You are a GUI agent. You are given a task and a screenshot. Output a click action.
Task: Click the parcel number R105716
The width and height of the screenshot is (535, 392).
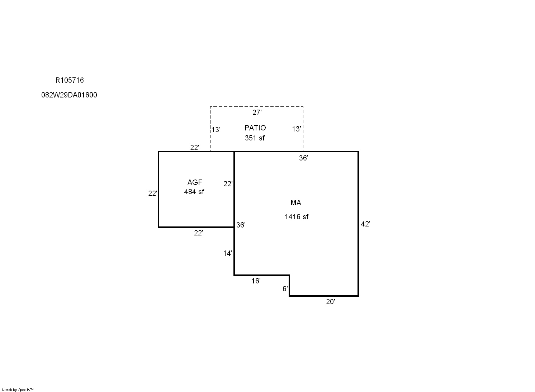point(70,80)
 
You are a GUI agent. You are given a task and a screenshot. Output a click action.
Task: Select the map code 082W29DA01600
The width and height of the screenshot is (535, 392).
point(69,95)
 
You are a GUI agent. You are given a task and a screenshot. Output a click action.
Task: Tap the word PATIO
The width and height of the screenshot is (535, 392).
point(255,128)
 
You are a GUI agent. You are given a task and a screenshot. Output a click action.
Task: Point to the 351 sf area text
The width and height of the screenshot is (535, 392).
point(255,138)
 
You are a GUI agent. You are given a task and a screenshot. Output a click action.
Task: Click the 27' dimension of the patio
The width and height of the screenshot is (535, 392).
point(257,113)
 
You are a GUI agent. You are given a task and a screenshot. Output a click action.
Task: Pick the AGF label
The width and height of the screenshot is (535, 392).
point(195,182)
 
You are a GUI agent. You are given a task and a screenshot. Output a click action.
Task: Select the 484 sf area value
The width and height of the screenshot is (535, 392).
point(194,192)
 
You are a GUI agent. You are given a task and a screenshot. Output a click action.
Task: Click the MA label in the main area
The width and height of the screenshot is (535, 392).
point(296,203)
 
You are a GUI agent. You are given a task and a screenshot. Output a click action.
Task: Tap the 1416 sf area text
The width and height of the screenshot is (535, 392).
point(297,217)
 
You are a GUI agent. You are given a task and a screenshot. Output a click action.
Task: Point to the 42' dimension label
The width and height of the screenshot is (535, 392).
point(366,224)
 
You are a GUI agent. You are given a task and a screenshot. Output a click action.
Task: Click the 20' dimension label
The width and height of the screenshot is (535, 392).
point(331,302)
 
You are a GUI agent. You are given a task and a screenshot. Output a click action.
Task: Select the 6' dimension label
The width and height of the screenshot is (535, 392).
point(285,289)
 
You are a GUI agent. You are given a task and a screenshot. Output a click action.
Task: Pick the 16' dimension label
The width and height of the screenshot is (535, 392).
point(256,281)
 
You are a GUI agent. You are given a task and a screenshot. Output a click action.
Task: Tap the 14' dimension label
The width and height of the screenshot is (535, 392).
point(228,253)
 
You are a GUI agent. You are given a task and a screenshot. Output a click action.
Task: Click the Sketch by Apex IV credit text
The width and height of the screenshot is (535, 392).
point(18,389)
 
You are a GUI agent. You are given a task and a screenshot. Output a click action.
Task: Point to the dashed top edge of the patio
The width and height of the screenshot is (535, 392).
point(257,107)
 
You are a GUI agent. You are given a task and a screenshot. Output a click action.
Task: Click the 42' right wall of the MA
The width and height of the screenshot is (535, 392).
point(358,224)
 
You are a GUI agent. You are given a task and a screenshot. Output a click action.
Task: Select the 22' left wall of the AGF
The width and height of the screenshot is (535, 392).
point(158,189)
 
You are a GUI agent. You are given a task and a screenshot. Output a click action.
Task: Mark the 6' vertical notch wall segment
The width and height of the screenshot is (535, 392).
point(289,286)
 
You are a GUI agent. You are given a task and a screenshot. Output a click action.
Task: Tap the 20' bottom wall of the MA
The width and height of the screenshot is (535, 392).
point(324,296)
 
